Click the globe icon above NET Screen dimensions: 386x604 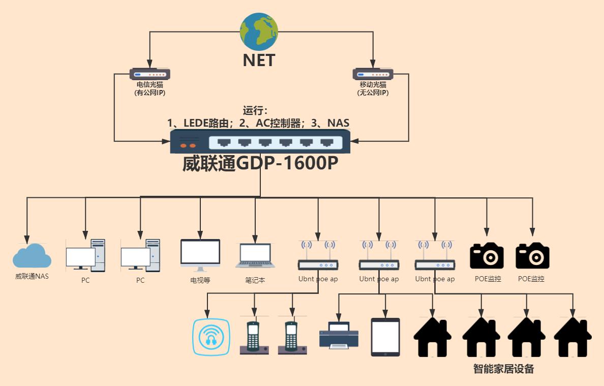pos(259,32)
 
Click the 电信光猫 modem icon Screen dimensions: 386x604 pos(149,74)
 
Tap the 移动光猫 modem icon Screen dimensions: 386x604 pos(373,74)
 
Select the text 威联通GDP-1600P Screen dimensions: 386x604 pos(260,164)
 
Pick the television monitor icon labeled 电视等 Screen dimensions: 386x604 pos(200,255)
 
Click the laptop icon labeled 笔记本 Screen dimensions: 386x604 pos(255,256)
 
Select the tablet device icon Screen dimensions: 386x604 pos(385,337)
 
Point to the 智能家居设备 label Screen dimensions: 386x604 pos(503,369)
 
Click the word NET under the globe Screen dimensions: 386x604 pos(259,60)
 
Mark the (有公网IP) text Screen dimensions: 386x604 pos(149,93)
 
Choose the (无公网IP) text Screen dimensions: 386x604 pos(373,93)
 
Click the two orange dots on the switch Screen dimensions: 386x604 pos(189,145)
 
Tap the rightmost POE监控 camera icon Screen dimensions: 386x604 pos(532,256)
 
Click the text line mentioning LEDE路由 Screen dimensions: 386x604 pos(258,123)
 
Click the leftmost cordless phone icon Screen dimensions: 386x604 pos(254,337)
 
